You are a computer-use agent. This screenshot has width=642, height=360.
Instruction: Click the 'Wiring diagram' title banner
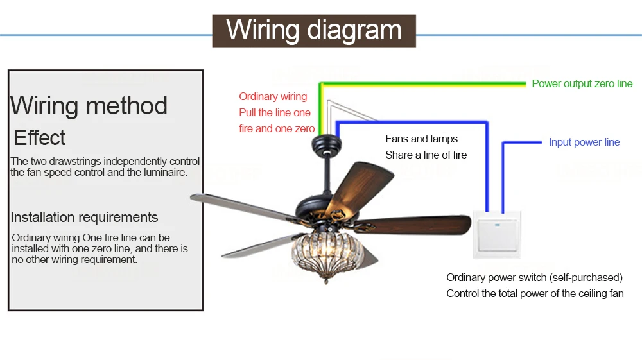314,31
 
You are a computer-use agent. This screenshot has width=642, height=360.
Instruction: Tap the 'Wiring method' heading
89,105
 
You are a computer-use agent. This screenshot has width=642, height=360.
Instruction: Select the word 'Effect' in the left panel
40,137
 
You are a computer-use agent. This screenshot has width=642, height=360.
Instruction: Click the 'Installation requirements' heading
84,218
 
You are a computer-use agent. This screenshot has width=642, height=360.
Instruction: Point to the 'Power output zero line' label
582,84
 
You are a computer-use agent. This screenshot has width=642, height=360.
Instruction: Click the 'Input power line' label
584,142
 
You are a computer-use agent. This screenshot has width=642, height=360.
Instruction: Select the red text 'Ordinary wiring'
273,96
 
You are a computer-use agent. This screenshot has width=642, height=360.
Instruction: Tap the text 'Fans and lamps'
421,139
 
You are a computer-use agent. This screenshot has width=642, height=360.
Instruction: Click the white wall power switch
497,235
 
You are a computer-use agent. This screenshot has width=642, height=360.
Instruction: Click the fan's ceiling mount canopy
326,144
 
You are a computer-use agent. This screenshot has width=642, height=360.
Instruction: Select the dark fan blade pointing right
413,225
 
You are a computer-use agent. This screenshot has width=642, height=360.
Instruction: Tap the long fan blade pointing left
243,207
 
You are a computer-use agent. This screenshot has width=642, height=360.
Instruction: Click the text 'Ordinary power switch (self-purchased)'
534,278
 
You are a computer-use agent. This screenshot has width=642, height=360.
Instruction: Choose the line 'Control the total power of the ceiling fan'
535,294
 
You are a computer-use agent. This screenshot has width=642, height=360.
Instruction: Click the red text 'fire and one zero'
277,129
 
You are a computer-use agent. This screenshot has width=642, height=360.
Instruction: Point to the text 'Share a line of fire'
426,155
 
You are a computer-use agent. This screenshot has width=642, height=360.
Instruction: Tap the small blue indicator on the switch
497,225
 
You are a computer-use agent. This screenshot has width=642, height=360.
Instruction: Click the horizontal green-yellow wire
422,85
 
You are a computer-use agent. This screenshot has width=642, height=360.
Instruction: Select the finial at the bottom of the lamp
326,280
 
